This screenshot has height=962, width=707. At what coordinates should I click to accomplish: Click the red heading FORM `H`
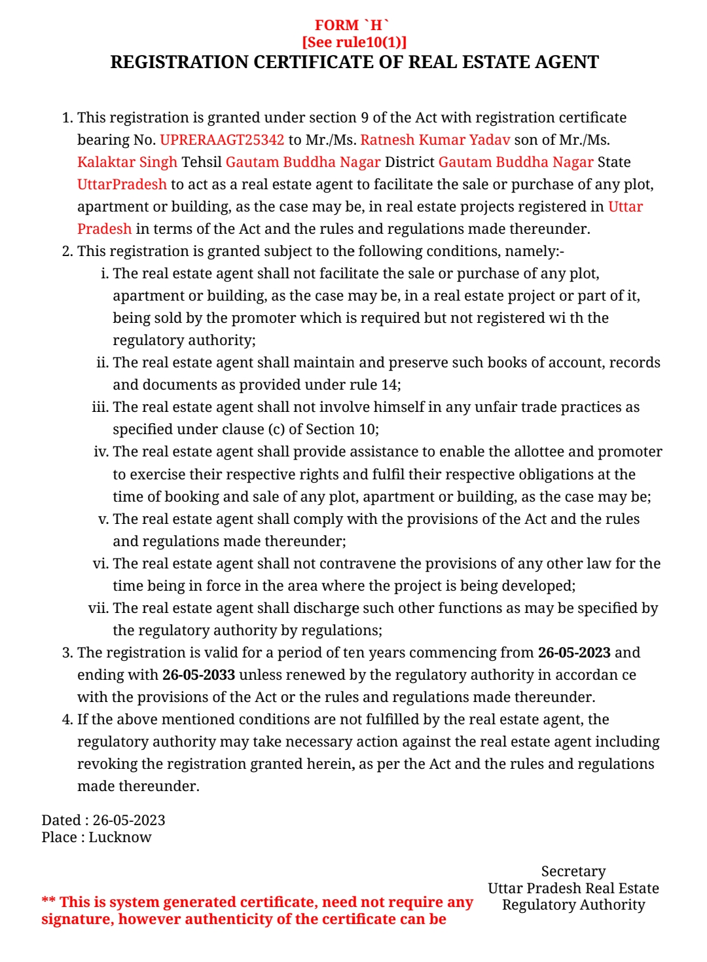pyautogui.click(x=352, y=26)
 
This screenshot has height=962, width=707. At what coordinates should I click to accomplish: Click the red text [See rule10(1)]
pyautogui.click(x=354, y=43)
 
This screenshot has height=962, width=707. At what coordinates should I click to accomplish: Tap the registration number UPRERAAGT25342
pyautogui.click(x=222, y=140)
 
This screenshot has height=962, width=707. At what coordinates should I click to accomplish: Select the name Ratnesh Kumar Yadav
pyautogui.click(x=435, y=140)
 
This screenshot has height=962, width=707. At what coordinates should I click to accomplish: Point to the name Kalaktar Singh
pyautogui.click(x=127, y=162)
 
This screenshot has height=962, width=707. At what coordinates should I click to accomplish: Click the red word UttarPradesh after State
pyautogui.click(x=122, y=185)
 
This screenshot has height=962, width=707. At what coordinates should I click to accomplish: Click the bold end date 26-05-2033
pyautogui.click(x=198, y=675)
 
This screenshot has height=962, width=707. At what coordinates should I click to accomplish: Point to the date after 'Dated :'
pyautogui.click(x=129, y=821)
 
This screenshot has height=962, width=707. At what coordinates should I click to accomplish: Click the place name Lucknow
pyautogui.click(x=120, y=838)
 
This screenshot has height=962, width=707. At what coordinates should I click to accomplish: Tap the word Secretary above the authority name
pyautogui.click(x=573, y=872)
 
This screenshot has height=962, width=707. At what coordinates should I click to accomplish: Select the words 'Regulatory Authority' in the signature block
pyautogui.click(x=573, y=905)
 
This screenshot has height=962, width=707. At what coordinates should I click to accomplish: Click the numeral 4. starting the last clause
pyautogui.click(x=67, y=720)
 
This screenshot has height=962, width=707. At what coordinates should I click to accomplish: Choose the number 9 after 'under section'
pyautogui.click(x=364, y=118)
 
